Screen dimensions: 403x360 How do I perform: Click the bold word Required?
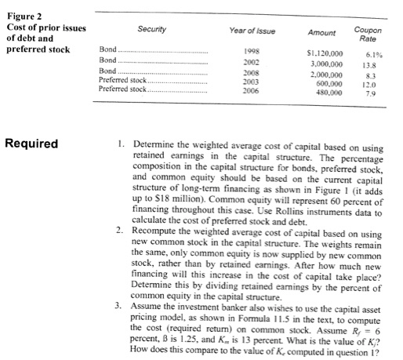(31, 144)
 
